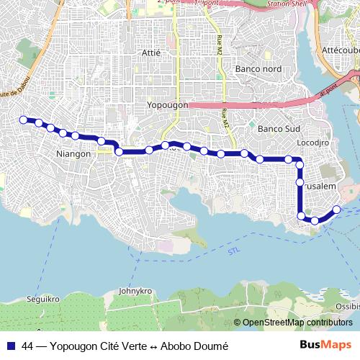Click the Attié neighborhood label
[152, 53]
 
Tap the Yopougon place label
[167, 105]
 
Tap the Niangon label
[73, 154]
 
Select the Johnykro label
[137, 292]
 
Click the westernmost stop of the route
[23, 120]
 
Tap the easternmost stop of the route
[336, 210]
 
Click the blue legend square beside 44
[11, 346]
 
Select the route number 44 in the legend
[28, 346]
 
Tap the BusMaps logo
[325, 345]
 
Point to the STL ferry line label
[233, 251]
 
